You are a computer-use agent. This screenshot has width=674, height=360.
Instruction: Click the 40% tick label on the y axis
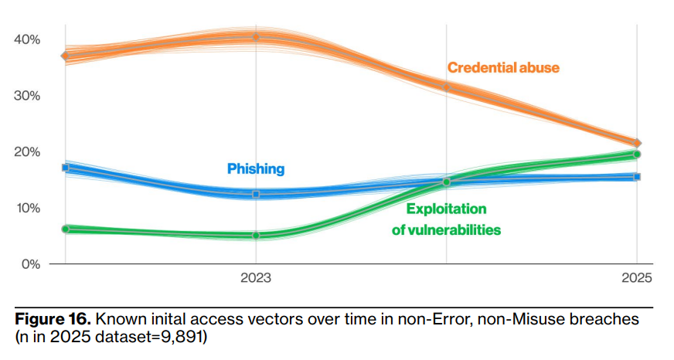coord(26,39)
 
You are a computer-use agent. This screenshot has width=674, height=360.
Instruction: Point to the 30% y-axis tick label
coord(26,95)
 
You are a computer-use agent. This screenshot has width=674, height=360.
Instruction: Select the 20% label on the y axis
coord(26,151)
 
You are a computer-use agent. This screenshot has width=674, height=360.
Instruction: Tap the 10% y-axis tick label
coord(26,208)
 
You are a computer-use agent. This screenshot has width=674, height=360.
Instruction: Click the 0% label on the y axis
coord(29,264)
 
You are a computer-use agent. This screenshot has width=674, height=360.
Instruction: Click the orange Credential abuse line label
coord(503,68)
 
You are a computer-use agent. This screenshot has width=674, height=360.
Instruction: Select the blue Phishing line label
coord(256,168)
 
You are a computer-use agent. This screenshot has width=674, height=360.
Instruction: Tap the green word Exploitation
coord(446,209)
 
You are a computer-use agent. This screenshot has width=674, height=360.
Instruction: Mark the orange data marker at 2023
coord(256,37)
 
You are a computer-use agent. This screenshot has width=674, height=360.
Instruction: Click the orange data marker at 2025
coord(637,143)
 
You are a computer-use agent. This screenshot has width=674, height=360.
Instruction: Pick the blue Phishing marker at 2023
coord(256,194)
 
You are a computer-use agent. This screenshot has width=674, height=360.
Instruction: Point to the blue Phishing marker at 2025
coord(637,177)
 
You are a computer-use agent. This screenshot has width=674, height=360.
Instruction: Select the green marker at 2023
coord(256,235)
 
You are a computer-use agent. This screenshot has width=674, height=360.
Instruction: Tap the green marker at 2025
coord(637,155)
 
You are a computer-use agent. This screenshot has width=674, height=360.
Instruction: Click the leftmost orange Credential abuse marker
coord(65,56)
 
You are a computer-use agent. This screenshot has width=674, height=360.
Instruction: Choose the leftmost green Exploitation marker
coord(65,229)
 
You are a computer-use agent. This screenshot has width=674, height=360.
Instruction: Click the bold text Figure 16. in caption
coord(52,320)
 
